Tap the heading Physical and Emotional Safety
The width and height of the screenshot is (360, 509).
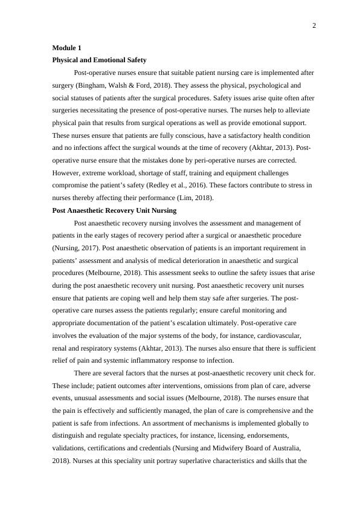click(x=99, y=60)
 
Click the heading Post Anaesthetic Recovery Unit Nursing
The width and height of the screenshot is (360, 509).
click(x=114, y=210)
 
